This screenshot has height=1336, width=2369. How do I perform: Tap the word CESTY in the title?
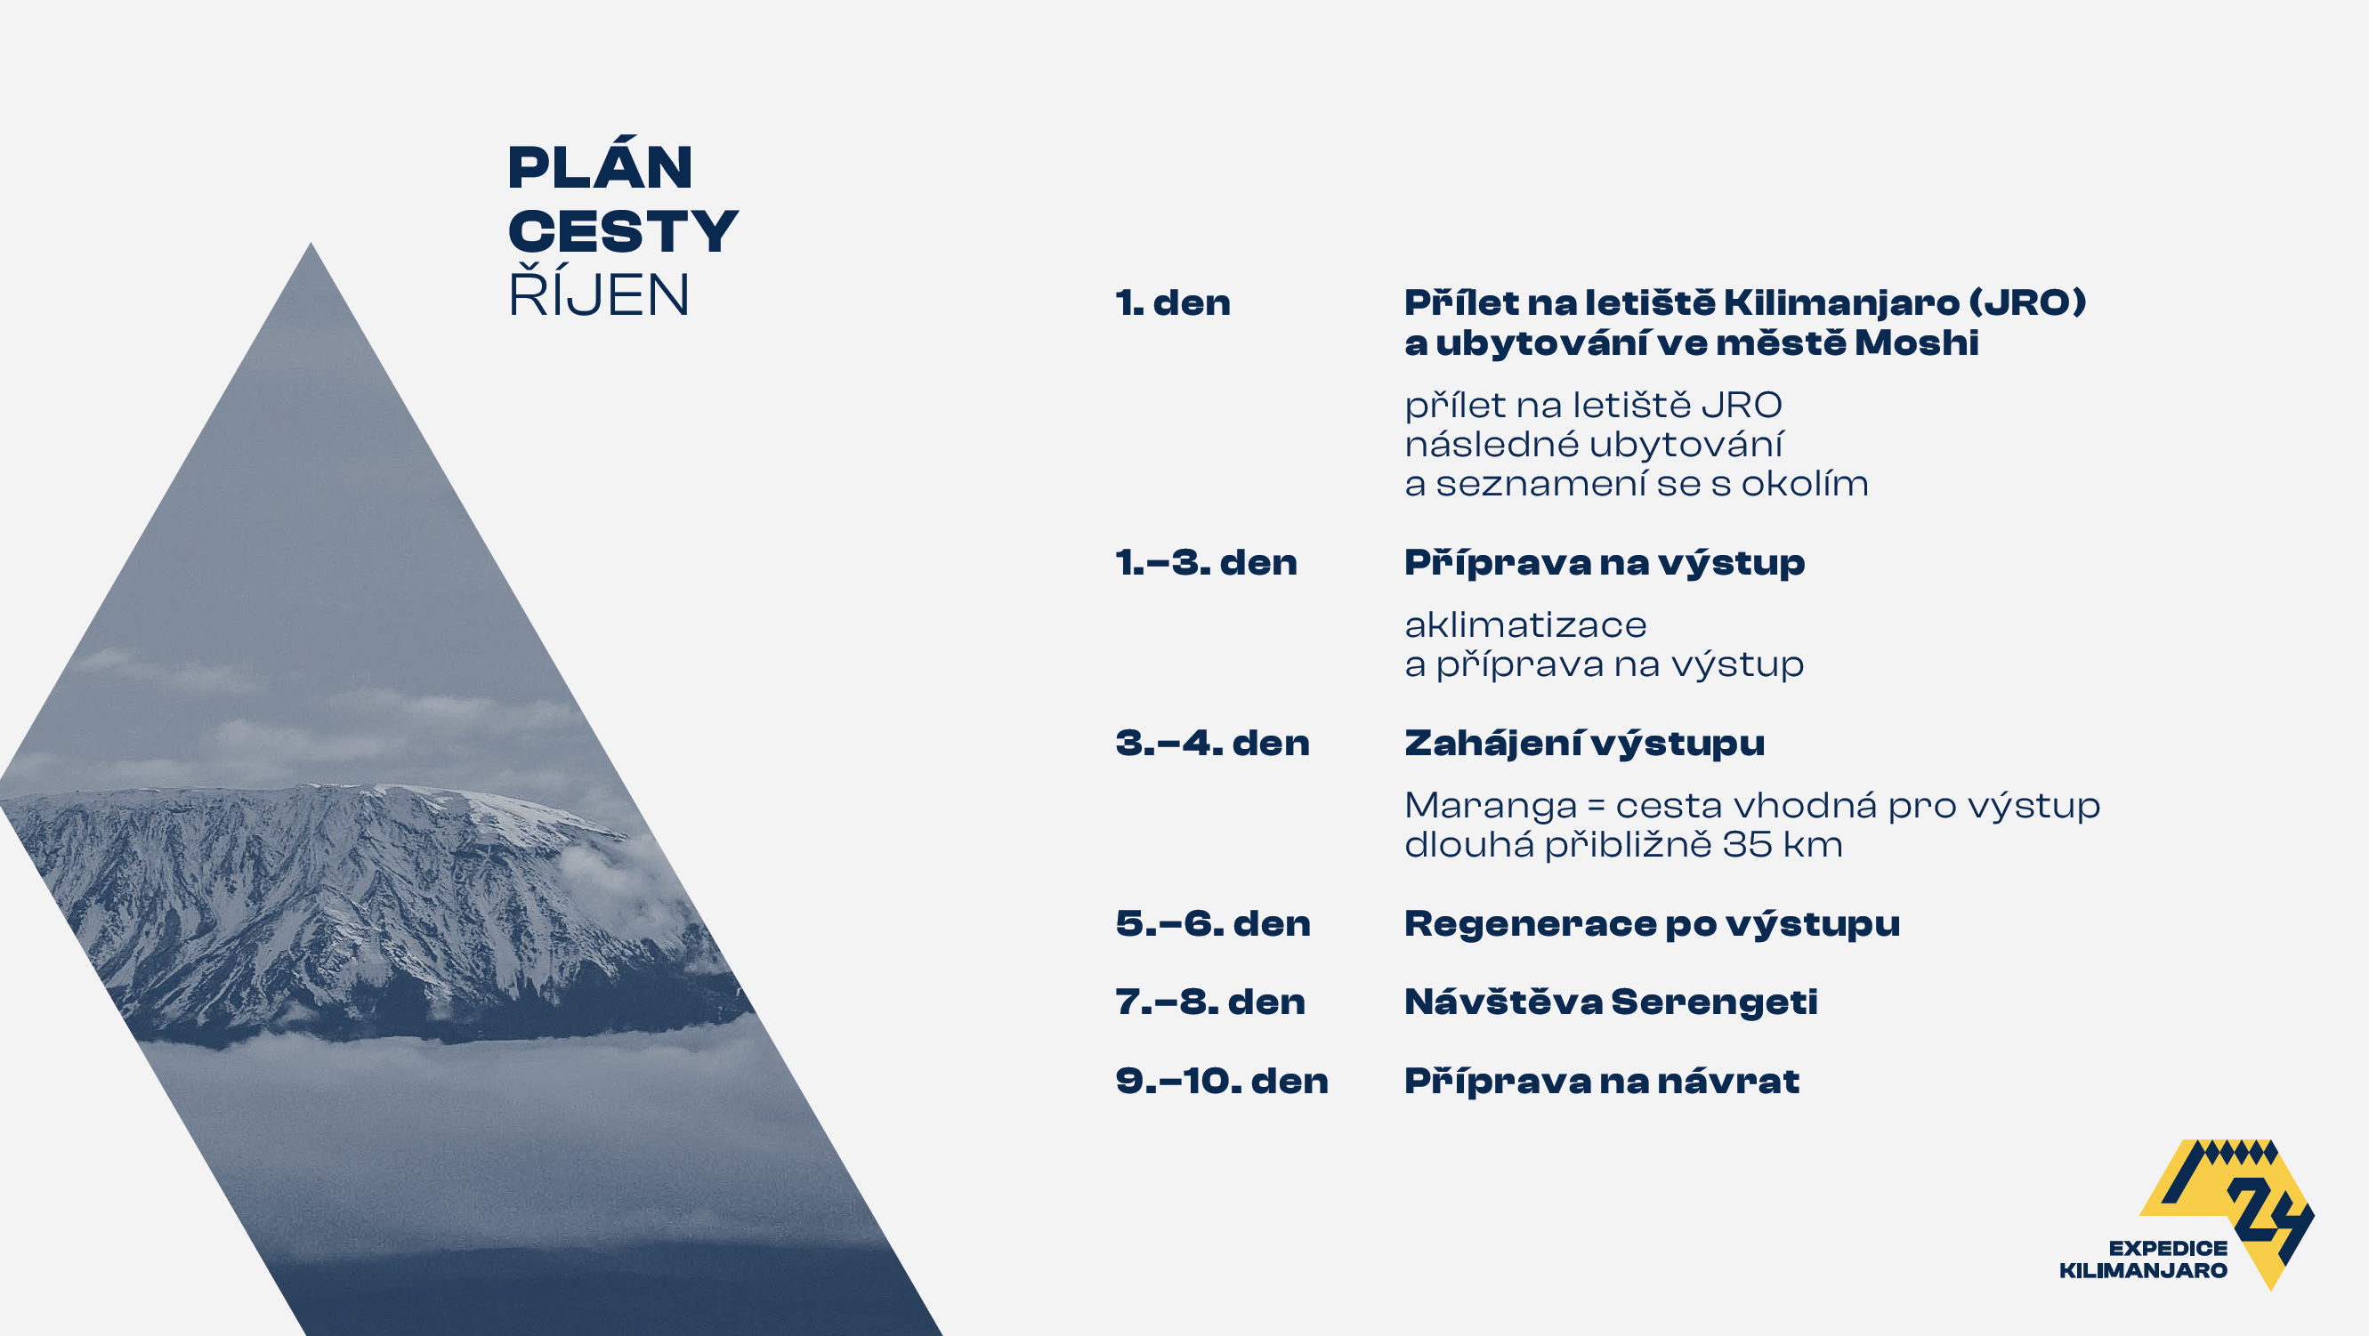[623, 230]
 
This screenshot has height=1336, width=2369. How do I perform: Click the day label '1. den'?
[1173, 302]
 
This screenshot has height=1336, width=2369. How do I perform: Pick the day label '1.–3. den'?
[1206, 562]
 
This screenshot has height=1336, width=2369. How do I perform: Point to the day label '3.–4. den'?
[1212, 742]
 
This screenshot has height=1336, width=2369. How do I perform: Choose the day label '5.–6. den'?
[1213, 923]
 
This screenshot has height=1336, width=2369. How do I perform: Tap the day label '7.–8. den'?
[1210, 1002]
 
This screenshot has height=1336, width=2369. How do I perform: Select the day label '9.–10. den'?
[1222, 1081]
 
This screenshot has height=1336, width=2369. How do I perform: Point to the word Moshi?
[1917, 343]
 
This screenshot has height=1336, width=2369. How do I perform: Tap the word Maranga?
[1491, 807]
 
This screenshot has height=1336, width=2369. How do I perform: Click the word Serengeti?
[1714, 1002]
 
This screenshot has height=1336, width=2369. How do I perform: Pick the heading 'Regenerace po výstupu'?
[1652, 924]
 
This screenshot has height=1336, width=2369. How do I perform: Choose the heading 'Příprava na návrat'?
[1601, 1081]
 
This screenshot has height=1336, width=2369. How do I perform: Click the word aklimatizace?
[1525, 624]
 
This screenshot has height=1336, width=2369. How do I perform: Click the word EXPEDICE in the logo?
[2168, 1248]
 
